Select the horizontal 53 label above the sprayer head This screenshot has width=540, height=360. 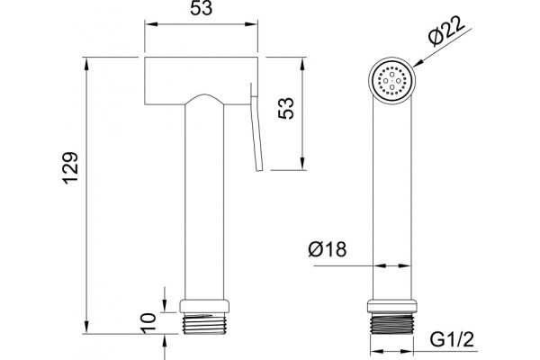(202, 8)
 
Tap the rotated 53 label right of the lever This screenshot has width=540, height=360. (286, 108)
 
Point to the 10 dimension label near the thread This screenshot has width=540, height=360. (148, 323)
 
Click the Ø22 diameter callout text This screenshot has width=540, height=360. (446, 31)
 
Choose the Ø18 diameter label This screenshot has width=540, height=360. (328, 249)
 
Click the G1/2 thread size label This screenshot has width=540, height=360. (452, 339)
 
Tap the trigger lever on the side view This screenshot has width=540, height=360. (256, 127)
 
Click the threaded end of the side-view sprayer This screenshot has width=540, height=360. (204, 324)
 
